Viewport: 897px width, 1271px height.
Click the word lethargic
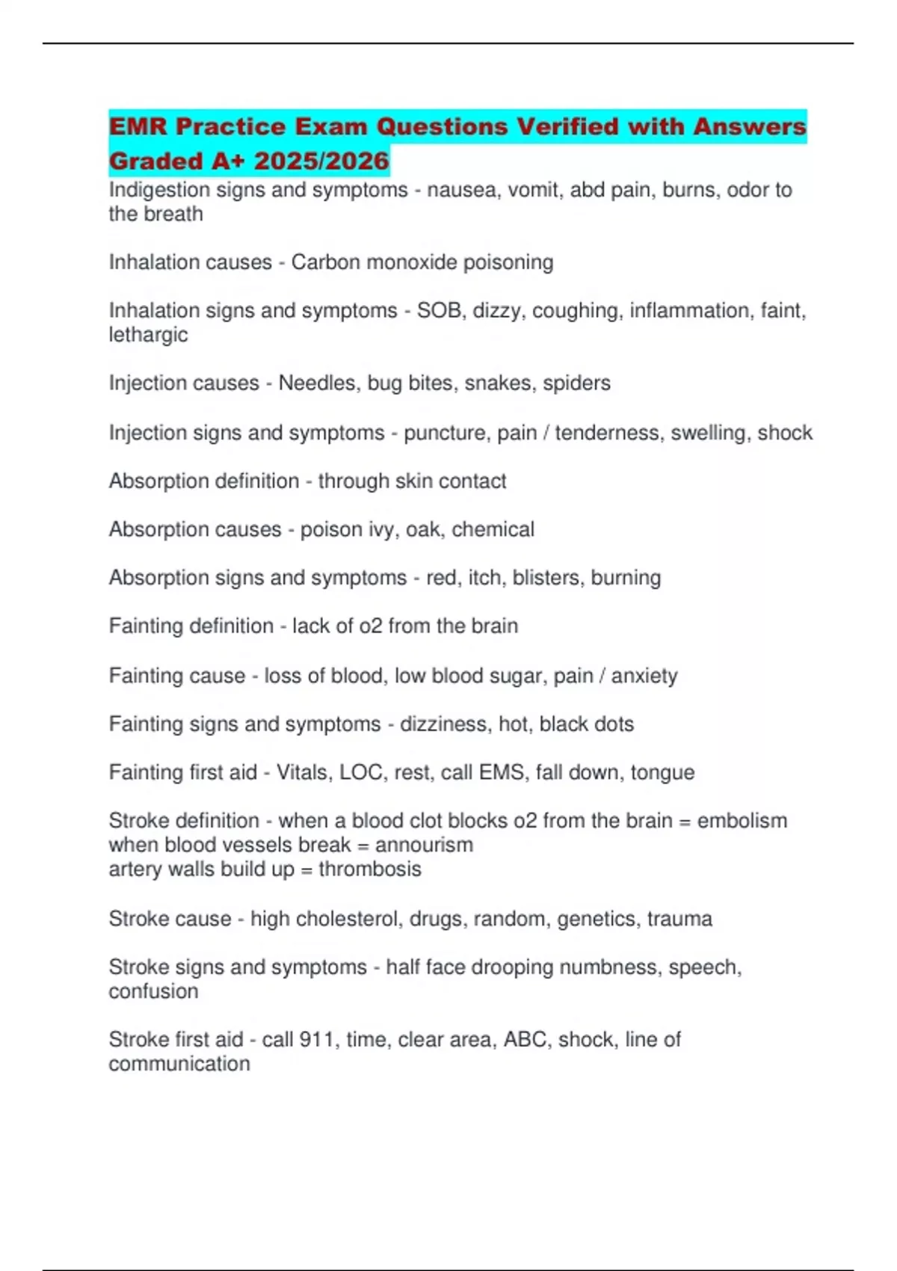click(148, 335)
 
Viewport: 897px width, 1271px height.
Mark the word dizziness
click(446, 724)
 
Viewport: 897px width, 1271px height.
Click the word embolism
click(742, 821)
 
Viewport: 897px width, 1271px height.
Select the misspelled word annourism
click(424, 845)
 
